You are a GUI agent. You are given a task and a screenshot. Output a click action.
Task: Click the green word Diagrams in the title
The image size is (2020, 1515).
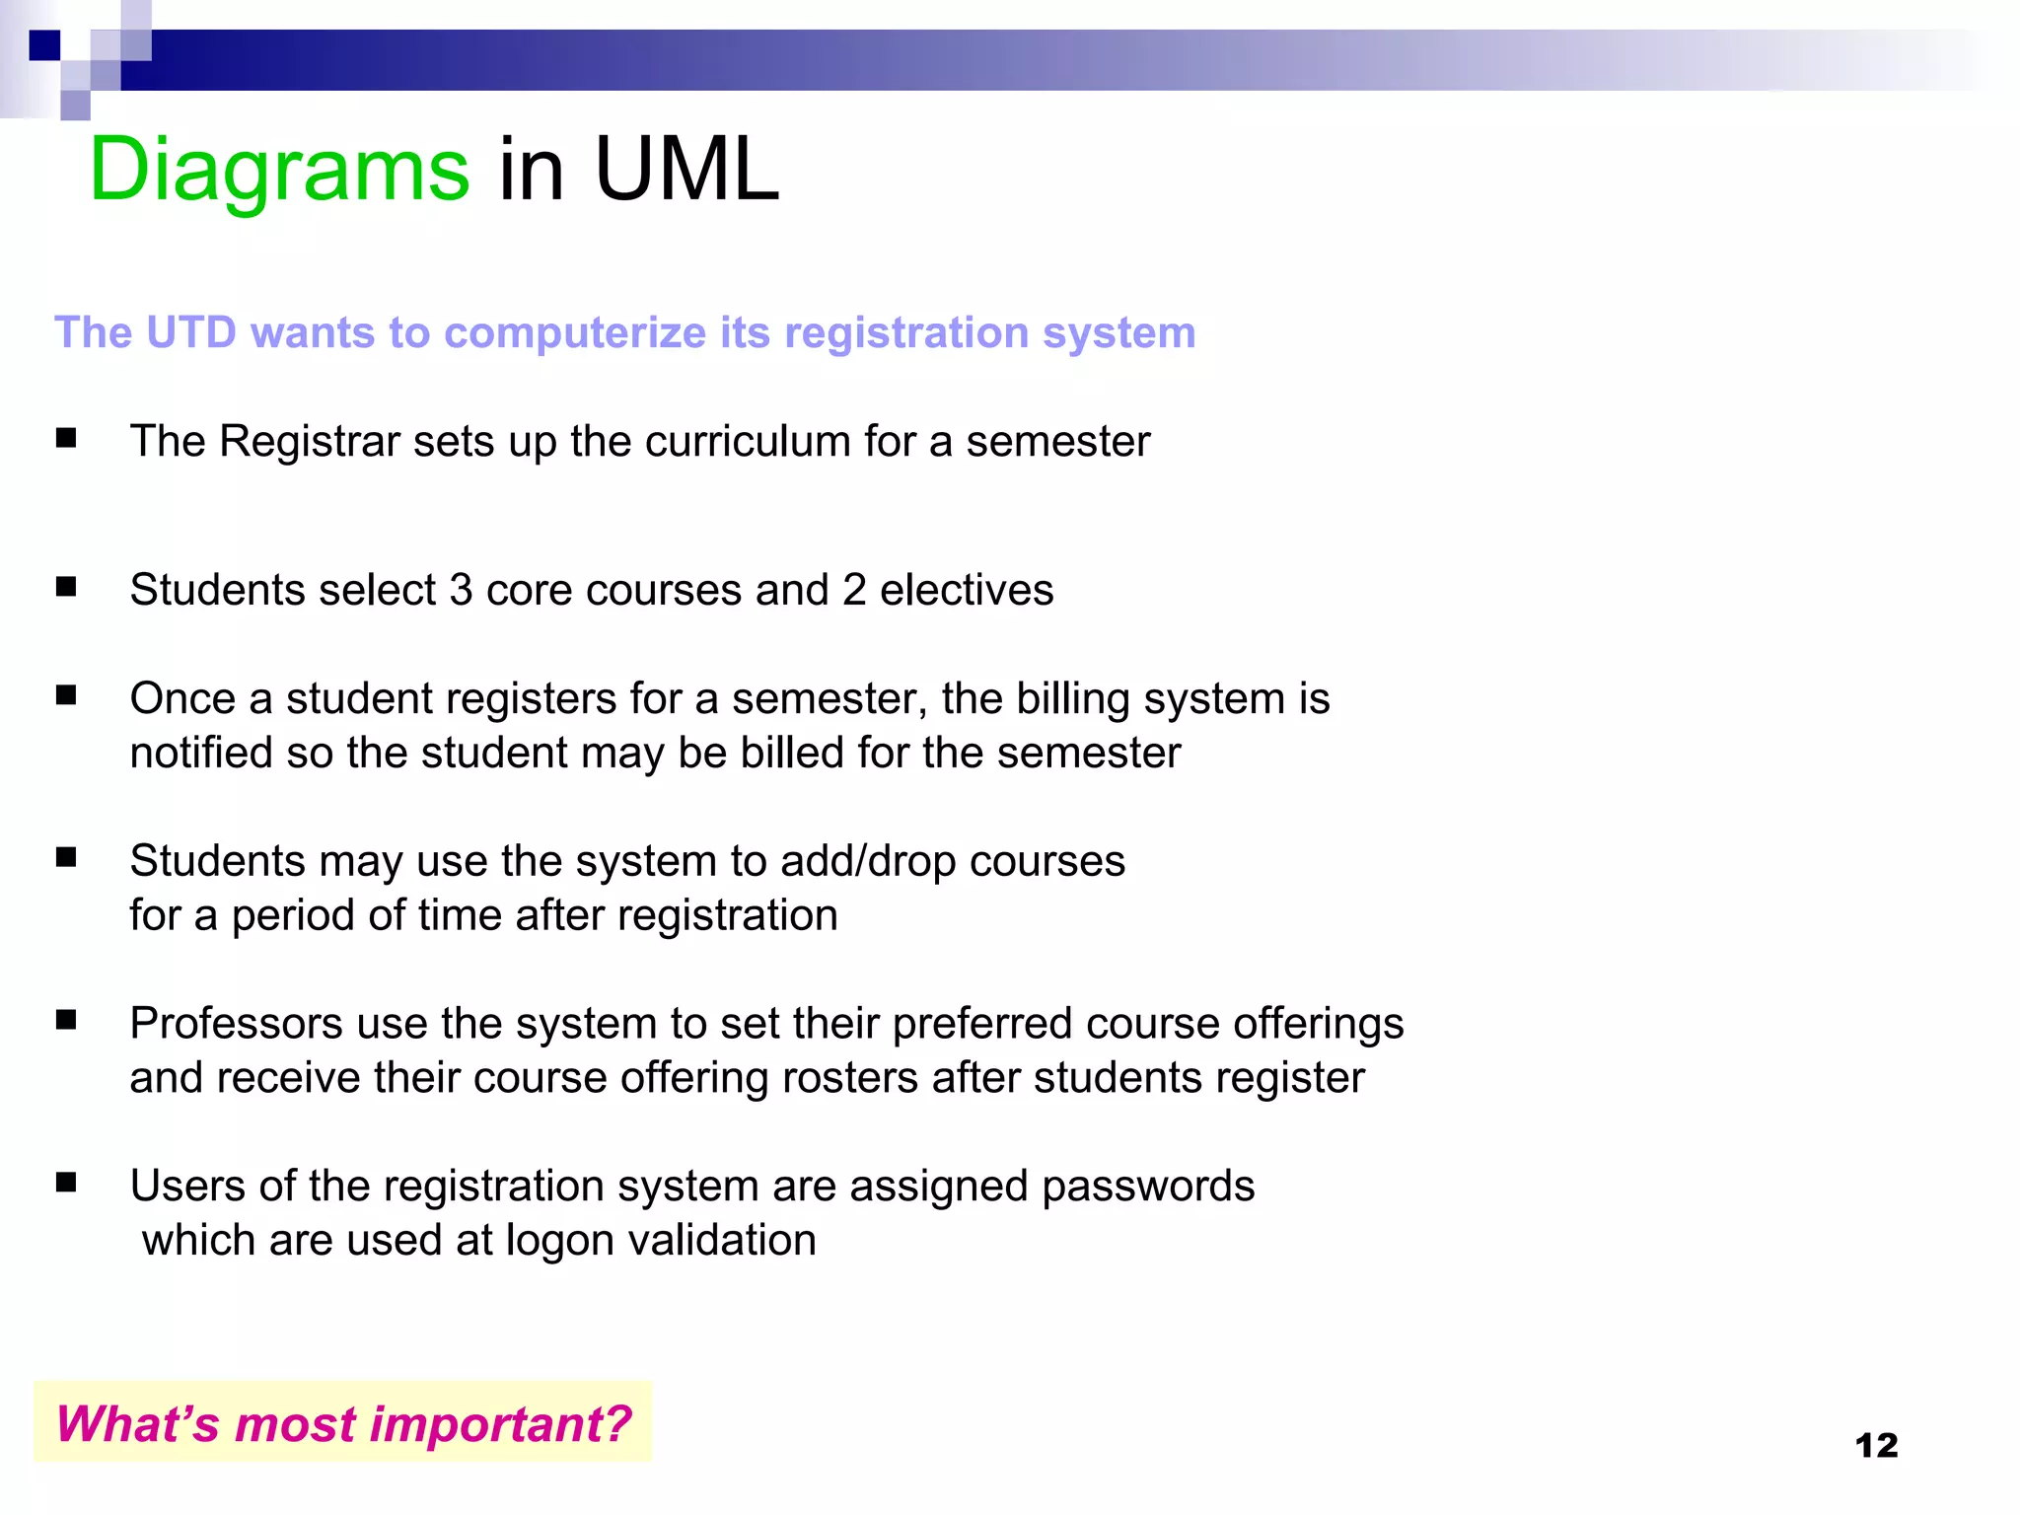click(279, 170)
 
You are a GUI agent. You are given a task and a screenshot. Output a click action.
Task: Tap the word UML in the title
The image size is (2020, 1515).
click(686, 170)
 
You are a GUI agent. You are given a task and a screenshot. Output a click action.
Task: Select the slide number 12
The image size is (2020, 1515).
click(1876, 1445)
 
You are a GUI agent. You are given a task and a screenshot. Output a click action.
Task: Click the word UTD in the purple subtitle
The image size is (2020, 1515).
click(191, 332)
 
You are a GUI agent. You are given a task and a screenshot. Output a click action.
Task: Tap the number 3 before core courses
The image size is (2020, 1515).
click(461, 590)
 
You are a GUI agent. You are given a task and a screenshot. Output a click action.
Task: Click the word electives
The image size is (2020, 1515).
click(967, 590)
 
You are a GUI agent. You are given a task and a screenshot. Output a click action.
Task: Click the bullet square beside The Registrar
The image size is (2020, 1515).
click(66, 438)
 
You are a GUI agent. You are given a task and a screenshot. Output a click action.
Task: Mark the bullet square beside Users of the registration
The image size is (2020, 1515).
click(66, 1182)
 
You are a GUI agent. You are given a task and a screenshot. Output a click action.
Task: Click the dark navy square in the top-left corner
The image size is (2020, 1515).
click(44, 45)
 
